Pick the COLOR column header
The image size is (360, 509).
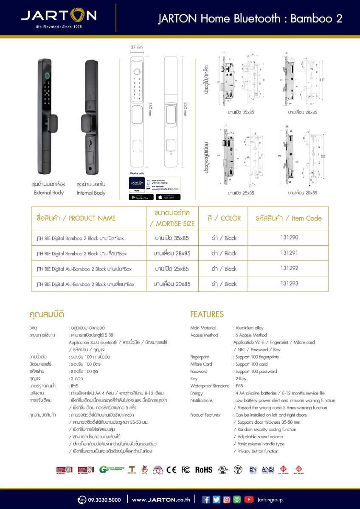[224, 218]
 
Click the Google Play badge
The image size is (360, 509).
[141, 197]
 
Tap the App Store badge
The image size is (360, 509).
[168, 197]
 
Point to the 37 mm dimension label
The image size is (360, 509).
[136, 47]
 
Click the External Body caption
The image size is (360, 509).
[49, 193]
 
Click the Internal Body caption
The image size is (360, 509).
[91, 193]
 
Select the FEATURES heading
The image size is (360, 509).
[207, 314]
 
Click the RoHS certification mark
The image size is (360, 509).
[203, 470]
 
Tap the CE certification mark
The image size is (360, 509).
[172, 470]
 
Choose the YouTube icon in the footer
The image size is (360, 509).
[249, 500]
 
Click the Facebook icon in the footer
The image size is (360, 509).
[206, 500]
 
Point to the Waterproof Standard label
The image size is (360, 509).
[210, 386]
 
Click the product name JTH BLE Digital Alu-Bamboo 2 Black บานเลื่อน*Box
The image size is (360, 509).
[85, 284]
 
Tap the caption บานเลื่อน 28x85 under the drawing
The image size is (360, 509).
[303, 112]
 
